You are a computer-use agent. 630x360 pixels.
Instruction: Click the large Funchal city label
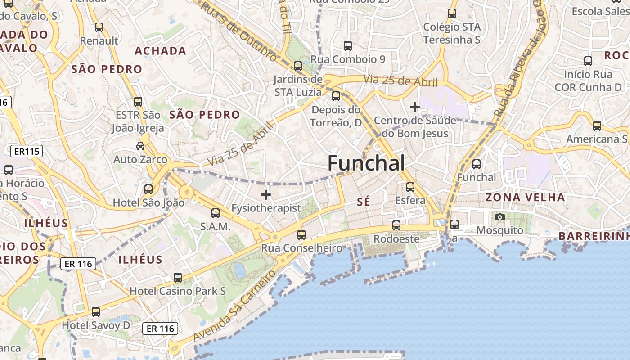pos(366,163)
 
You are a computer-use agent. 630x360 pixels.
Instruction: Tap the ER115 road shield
pos(27,152)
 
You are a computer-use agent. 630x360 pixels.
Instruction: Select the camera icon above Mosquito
pos(499,217)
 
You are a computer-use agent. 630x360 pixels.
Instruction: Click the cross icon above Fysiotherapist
pos(266,195)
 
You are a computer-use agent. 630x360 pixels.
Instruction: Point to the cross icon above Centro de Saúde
pos(415,107)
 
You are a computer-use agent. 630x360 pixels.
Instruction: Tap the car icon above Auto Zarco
pos(140,146)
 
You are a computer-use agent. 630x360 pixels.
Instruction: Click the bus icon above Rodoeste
pos(396,225)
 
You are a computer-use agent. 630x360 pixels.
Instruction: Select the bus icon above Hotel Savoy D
pos(96,311)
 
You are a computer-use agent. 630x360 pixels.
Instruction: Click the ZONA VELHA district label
pos(525,197)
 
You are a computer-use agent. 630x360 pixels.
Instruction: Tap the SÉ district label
pos(364,202)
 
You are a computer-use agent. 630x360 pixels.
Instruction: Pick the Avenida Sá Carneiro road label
pos(234,306)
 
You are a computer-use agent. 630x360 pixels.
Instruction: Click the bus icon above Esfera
pos(410,187)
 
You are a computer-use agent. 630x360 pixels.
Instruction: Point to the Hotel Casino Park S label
pos(178,291)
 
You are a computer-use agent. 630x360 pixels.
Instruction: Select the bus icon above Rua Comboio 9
pos(348,45)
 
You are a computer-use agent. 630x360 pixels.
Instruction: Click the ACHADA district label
pos(161,51)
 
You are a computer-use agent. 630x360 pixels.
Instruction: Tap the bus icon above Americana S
pos(597,126)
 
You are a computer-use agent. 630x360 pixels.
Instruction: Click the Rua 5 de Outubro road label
pos(238,31)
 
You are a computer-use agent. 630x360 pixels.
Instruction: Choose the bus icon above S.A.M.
pos(216,213)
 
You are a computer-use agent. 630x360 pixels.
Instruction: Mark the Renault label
pos(99,40)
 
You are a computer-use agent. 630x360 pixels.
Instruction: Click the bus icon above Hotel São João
pos(148,189)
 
